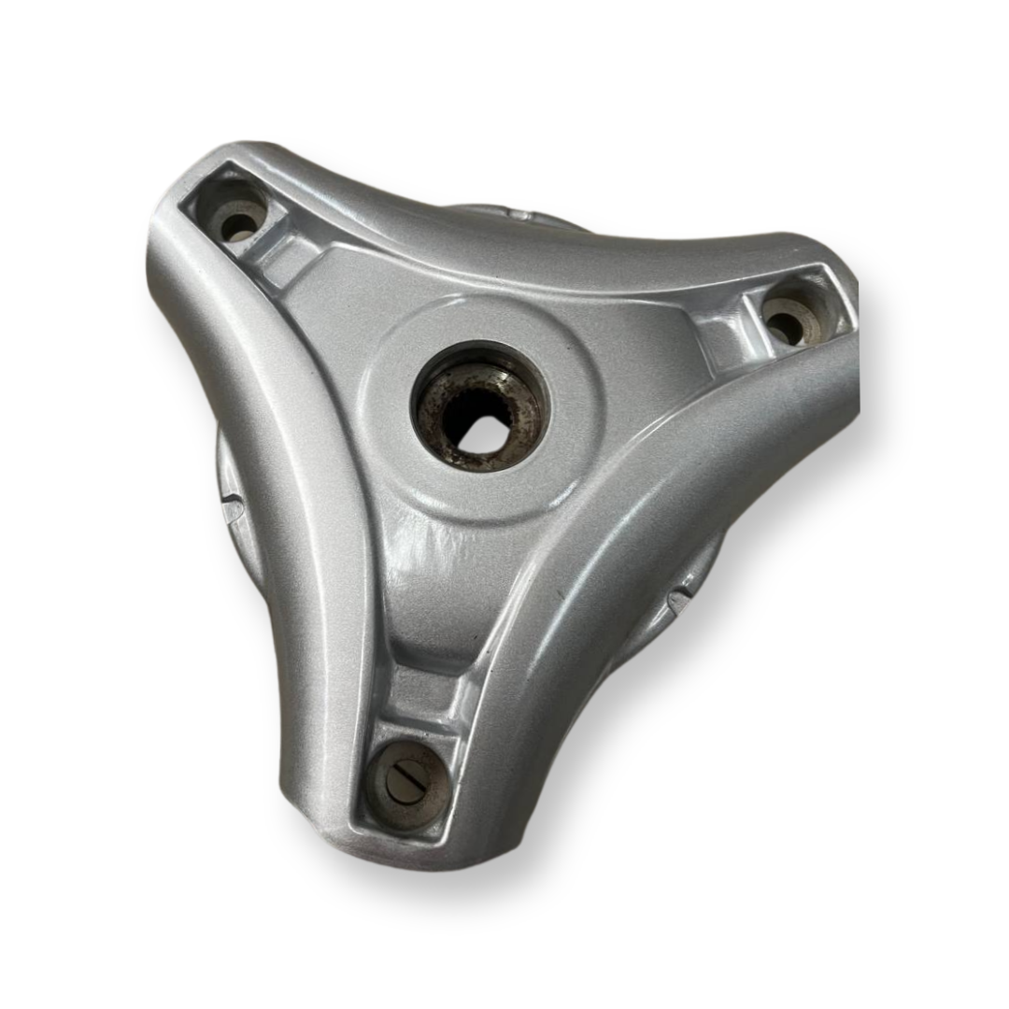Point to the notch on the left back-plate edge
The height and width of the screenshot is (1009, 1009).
click(x=231, y=507)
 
